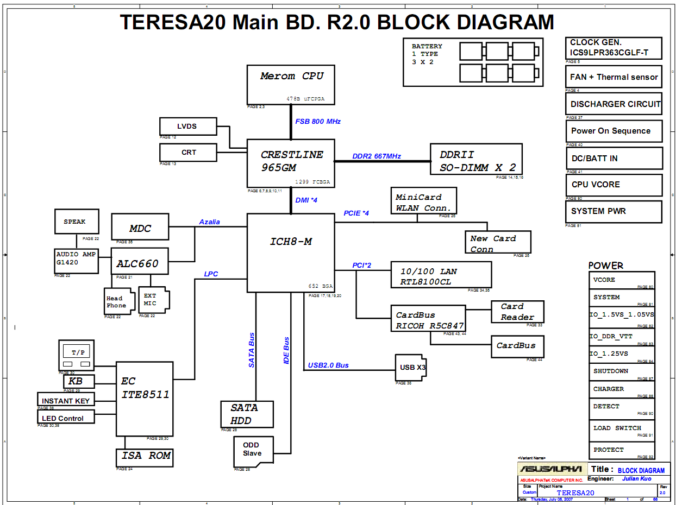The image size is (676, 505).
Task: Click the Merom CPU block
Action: (x=290, y=84)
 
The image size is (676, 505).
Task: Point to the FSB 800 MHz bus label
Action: (x=318, y=122)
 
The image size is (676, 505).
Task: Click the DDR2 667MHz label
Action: (x=377, y=156)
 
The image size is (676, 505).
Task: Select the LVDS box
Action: (x=188, y=127)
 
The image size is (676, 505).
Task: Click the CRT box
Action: (x=188, y=153)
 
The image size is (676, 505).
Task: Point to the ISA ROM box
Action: (x=145, y=457)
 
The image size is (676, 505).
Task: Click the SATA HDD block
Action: (x=247, y=414)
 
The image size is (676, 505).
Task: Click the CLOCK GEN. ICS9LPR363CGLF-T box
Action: (x=614, y=48)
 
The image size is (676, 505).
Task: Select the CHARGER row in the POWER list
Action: (x=622, y=389)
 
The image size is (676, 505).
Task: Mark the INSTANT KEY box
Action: (x=66, y=400)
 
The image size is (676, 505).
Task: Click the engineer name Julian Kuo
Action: (x=636, y=479)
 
